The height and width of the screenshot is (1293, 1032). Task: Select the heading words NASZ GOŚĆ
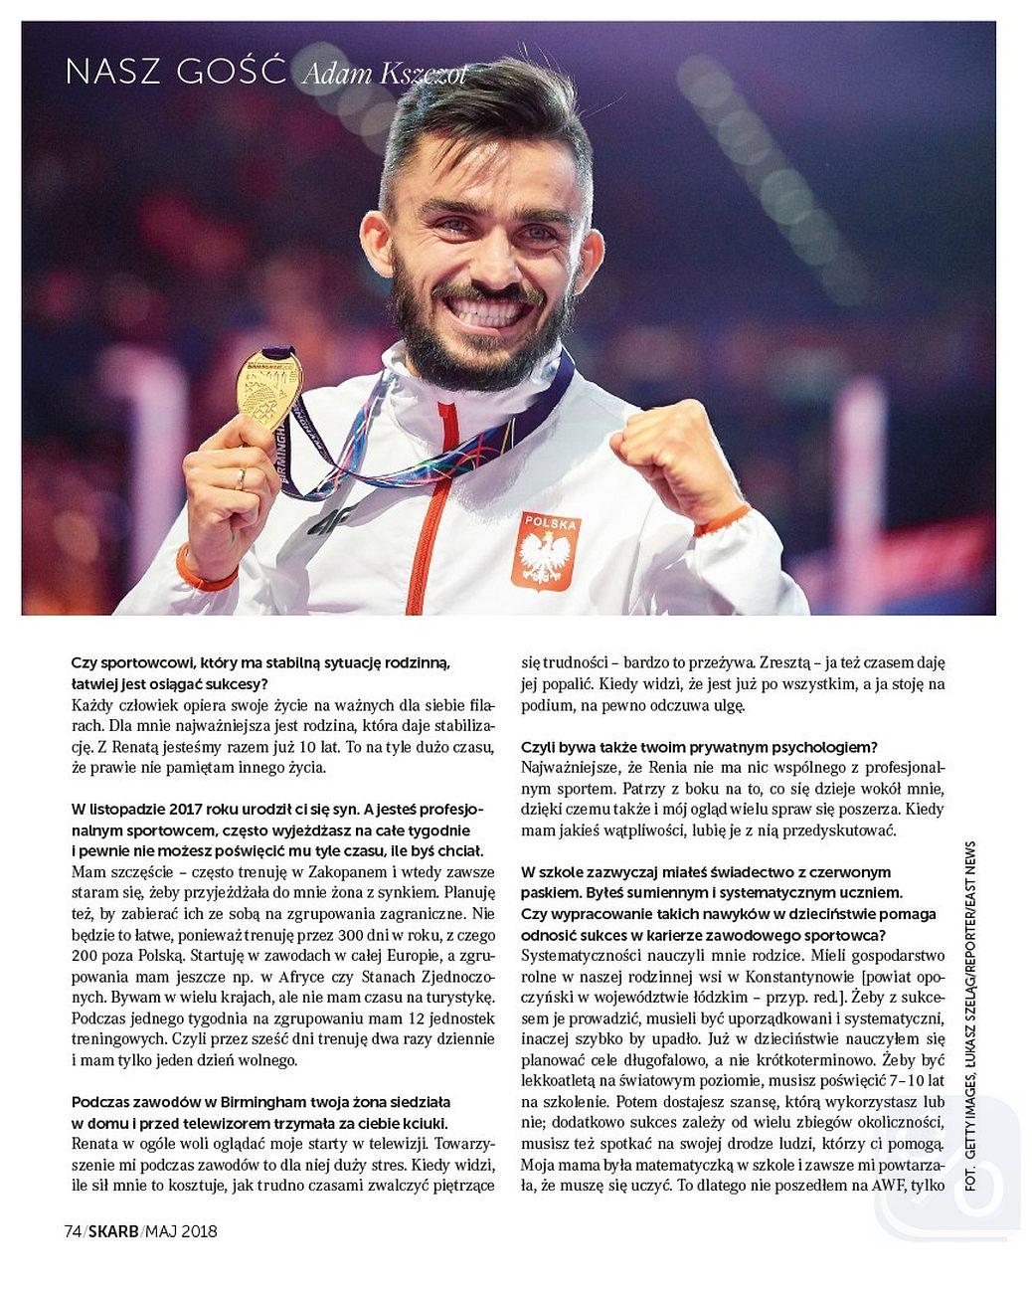coord(175,72)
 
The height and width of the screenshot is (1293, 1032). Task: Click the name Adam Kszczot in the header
coord(382,75)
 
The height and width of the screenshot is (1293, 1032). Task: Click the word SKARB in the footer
coord(111,1232)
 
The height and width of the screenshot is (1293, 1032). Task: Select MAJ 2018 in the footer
coord(180,1232)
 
